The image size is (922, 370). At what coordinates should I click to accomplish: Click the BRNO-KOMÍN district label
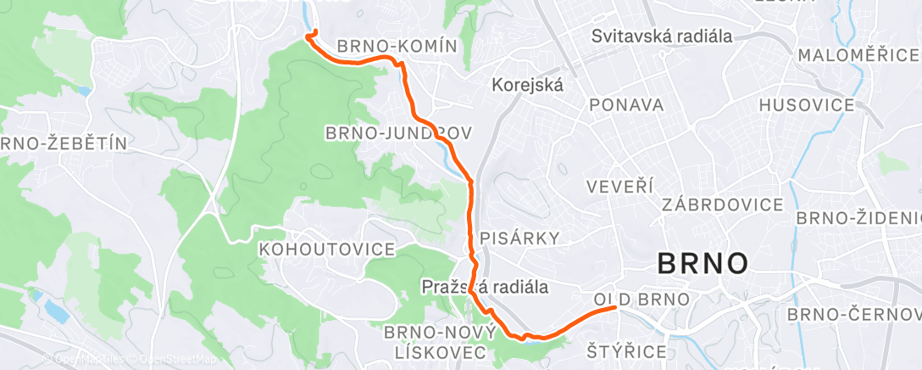coord(397,46)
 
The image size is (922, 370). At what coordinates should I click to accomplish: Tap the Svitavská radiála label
coord(662,36)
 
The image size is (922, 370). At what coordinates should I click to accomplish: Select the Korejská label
coord(528,85)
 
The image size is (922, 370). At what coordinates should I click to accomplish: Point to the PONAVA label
coord(626,104)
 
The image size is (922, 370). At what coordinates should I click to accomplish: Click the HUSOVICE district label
coord(807,105)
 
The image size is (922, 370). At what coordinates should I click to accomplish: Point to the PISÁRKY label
coord(519,238)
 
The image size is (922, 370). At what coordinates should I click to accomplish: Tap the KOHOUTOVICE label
coord(327,249)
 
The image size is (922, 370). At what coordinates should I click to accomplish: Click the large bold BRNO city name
coord(703,263)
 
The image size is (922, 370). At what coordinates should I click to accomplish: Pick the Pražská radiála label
coord(485,288)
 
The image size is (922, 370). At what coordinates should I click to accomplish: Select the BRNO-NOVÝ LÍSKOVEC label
coord(436,340)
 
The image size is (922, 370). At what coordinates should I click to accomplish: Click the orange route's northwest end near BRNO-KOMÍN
coord(314,31)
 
